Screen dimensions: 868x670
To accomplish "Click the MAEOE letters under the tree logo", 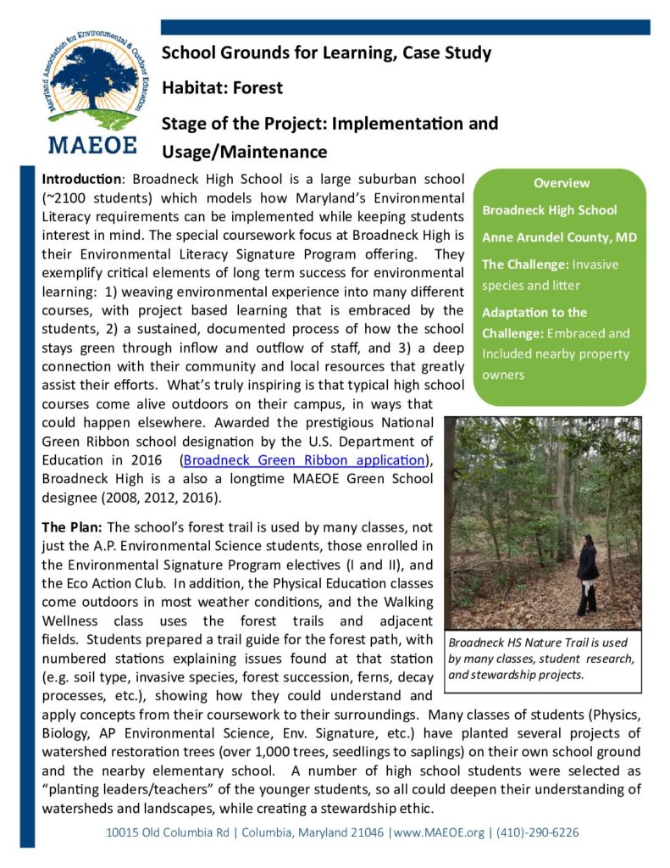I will click(x=93, y=143).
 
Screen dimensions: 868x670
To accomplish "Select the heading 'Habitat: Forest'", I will click(x=222, y=87).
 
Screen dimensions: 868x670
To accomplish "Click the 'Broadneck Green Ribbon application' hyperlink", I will click(x=303, y=460).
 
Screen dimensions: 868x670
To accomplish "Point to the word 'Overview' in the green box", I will click(x=561, y=183).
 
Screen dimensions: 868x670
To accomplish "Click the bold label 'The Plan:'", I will click(x=73, y=527).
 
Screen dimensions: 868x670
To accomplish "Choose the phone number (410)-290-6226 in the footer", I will click(x=537, y=832).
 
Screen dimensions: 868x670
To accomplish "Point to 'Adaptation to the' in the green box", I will click(x=534, y=312).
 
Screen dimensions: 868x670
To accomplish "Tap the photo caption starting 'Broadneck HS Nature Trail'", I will click(x=540, y=658).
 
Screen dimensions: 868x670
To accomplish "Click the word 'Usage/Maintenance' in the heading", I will click(x=244, y=152).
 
